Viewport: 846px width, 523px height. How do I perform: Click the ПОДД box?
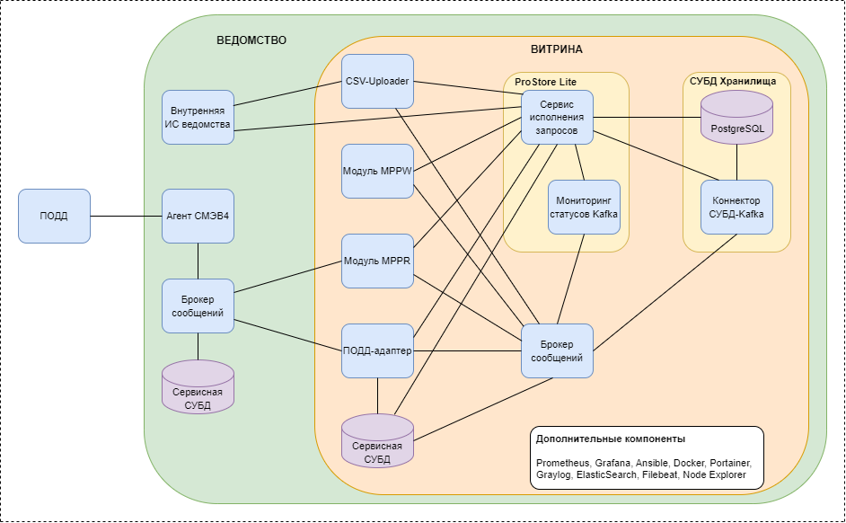tap(54, 216)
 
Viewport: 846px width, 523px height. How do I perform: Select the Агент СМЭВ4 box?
tap(198, 216)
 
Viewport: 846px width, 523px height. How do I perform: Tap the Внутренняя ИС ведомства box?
tap(198, 118)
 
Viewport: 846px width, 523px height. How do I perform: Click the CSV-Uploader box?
tap(377, 82)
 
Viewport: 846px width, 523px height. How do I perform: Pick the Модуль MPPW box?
tap(377, 171)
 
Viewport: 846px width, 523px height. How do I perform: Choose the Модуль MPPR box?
tap(377, 261)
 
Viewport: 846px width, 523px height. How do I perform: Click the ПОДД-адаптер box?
tap(377, 350)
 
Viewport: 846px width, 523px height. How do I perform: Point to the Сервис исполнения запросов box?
tap(558, 117)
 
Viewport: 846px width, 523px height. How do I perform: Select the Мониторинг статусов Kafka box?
tap(584, 207)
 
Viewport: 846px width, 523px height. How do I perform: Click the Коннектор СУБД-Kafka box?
tap(736, 207)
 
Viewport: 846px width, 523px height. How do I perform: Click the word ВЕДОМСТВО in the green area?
tap(251, 40)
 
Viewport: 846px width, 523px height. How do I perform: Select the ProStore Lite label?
tap(545, 82)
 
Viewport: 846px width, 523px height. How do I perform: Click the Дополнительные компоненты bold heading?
tap(611, 439)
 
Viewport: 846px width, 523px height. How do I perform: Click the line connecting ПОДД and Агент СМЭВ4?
tap(126, 216)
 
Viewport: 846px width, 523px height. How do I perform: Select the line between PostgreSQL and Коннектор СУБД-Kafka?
tap(736, 162)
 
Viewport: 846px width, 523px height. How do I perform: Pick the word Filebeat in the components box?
tap(660, 474)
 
